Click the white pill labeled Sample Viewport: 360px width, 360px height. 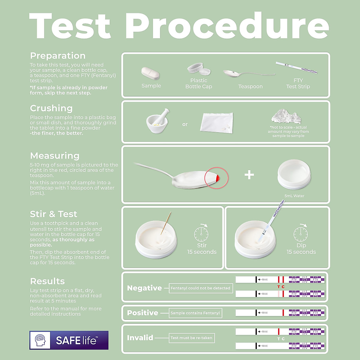[150, 73]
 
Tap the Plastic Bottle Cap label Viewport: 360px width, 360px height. [199, 83]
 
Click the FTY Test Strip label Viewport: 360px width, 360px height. [298, 83]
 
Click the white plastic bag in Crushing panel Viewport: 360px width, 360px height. [216, 122]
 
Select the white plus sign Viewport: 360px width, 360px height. [249, 175]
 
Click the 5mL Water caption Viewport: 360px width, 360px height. [294, 196]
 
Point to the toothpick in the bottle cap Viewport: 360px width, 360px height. [166, 223]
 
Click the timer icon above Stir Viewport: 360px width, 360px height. [201, 233]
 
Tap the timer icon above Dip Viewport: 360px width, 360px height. [301, 233]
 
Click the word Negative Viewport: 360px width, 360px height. [144, 288]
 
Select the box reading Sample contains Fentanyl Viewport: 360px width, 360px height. [195, 313]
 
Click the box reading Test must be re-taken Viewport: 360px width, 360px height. [191, 338]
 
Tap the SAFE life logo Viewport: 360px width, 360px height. [69, 340]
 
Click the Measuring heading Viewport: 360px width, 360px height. [55, 156]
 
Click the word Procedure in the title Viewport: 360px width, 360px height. [227, 26]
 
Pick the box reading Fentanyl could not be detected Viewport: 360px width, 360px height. [200, 288]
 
